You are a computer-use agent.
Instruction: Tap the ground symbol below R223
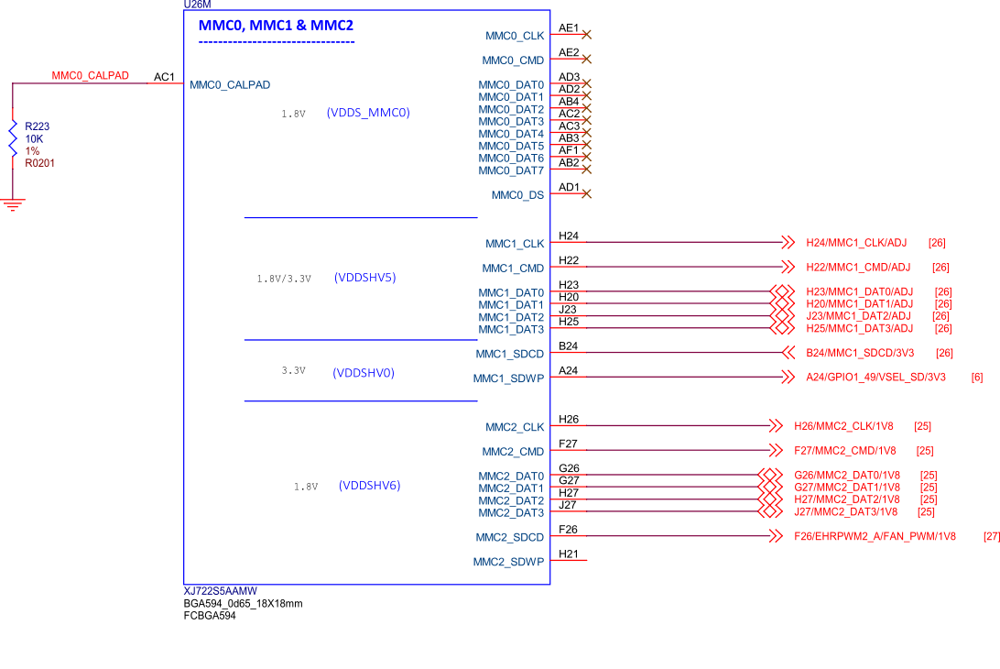click(12, 205)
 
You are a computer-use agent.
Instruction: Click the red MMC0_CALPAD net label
click(91, 76)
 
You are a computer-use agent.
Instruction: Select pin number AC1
click(164, 77)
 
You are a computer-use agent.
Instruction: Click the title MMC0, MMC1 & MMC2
click(276, 26)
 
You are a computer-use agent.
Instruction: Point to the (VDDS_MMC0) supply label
click(367, 114)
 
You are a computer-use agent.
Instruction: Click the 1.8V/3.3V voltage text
click(284, 279)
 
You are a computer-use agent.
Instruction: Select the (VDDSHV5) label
click(364, 278)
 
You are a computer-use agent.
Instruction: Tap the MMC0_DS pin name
click(517, 195)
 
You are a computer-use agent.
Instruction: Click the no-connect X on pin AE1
click(586, 35)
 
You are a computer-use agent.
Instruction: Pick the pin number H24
click(569, 236)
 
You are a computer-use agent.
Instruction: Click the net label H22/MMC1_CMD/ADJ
click(858, 268)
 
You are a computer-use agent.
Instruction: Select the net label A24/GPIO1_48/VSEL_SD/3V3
click(875, 377)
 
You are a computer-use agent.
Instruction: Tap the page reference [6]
click(977, 377)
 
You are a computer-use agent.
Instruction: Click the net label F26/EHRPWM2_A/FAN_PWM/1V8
click(875, 537)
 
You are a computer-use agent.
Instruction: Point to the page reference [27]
click(991, 537)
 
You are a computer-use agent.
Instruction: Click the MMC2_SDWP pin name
click(508, 562)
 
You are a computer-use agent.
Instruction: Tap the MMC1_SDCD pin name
click(509, 354)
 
